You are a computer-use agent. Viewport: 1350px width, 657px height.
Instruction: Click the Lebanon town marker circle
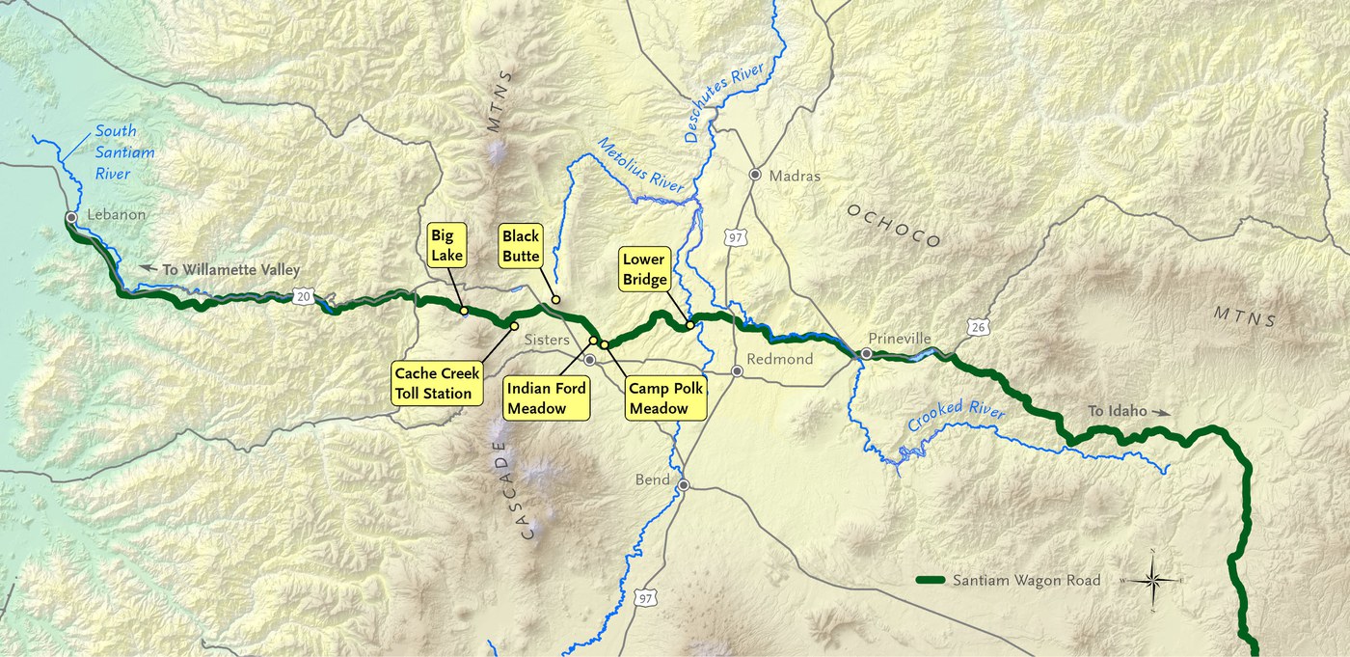click(70, 217)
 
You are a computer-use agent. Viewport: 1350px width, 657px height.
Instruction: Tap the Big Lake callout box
click(447, 246)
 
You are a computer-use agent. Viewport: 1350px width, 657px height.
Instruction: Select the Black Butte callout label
click(521, 247)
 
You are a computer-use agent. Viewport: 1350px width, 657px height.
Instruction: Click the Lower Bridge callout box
click(645, 269)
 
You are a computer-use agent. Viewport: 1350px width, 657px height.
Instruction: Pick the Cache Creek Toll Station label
click(437, 383)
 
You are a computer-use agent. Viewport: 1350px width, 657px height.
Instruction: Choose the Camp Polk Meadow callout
click(664, 398)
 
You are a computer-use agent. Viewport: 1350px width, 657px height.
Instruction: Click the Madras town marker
click(756, 176)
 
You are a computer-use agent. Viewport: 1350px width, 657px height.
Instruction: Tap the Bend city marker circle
click(684, 484)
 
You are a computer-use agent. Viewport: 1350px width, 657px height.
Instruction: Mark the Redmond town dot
click(738, 371)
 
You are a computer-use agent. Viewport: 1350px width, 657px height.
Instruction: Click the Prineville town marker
click(867, 354)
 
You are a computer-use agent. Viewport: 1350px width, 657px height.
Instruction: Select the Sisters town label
click(547, 341)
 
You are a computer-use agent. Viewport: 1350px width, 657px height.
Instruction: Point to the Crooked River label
click(956, 422)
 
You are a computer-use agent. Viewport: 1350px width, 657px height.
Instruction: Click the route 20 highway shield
click(303, 298)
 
